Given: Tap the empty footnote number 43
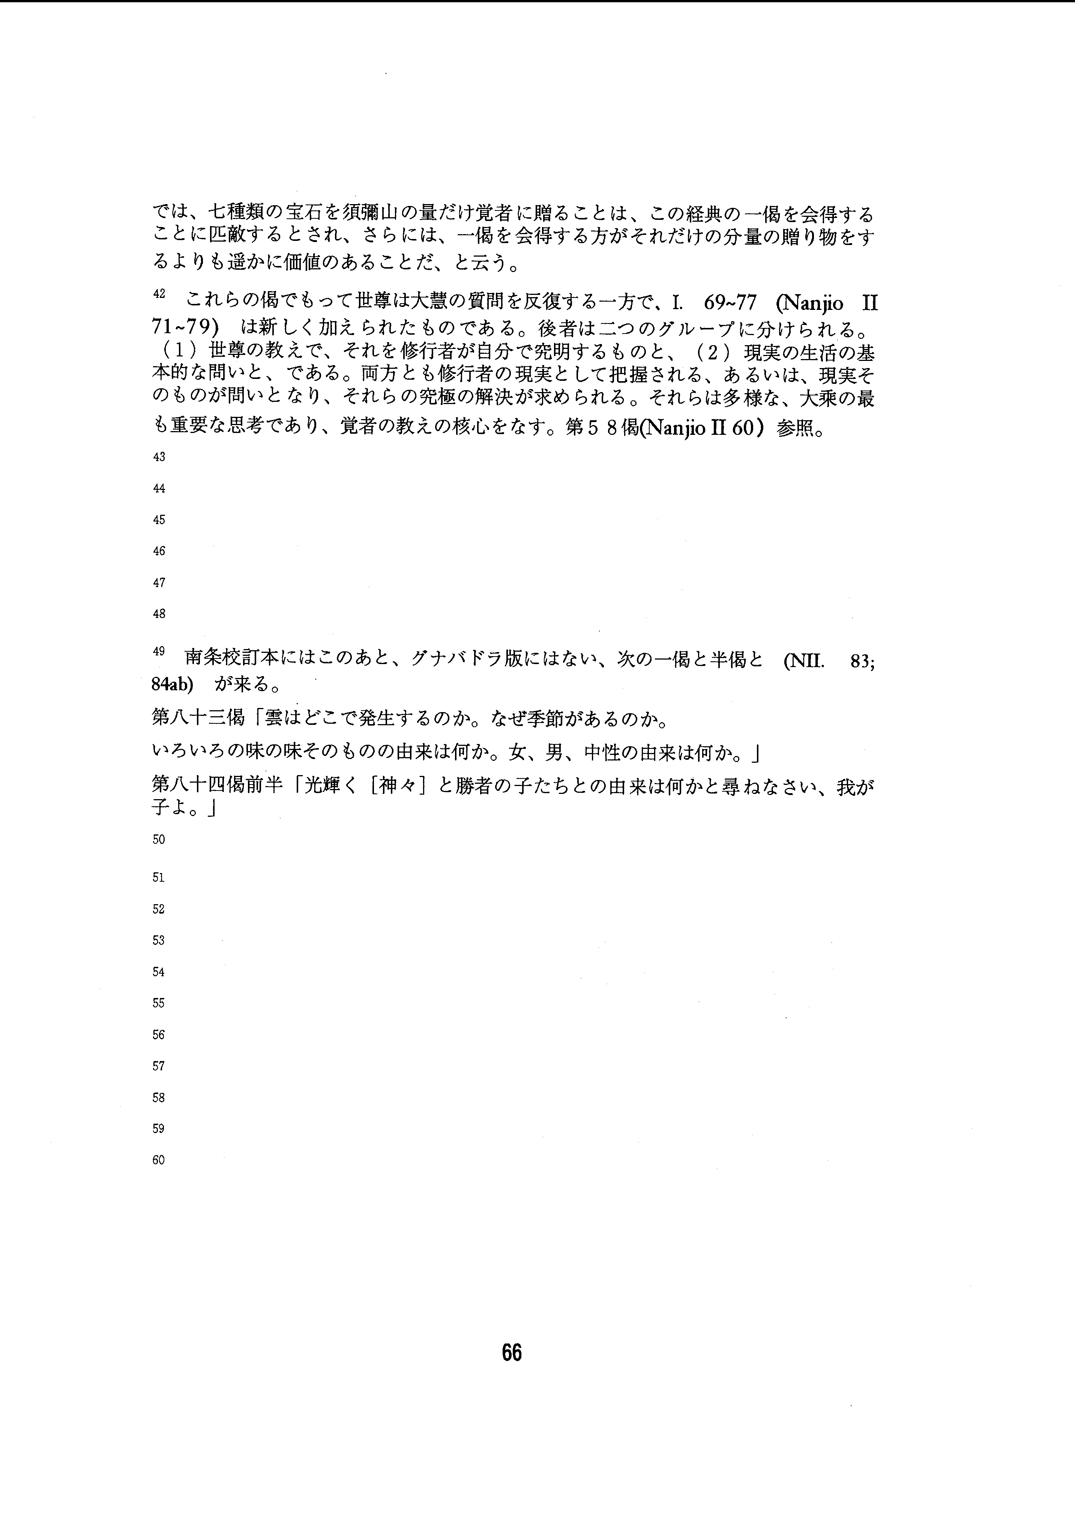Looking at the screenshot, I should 159,457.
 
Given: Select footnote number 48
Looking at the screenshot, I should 159,614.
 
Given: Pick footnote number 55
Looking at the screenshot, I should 159,1003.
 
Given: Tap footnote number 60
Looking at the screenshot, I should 159,1160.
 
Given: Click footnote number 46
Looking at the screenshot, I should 159,551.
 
